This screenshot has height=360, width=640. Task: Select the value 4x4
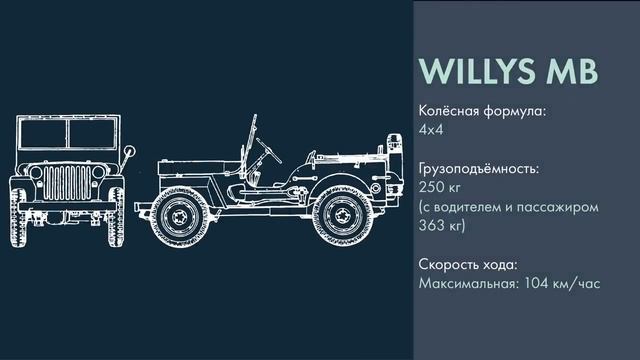coord(430,129)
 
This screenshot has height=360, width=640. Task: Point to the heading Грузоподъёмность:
coord(479,169)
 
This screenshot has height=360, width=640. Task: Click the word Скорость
coord(449,265)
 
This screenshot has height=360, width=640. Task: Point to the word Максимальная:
coord(468,284)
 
